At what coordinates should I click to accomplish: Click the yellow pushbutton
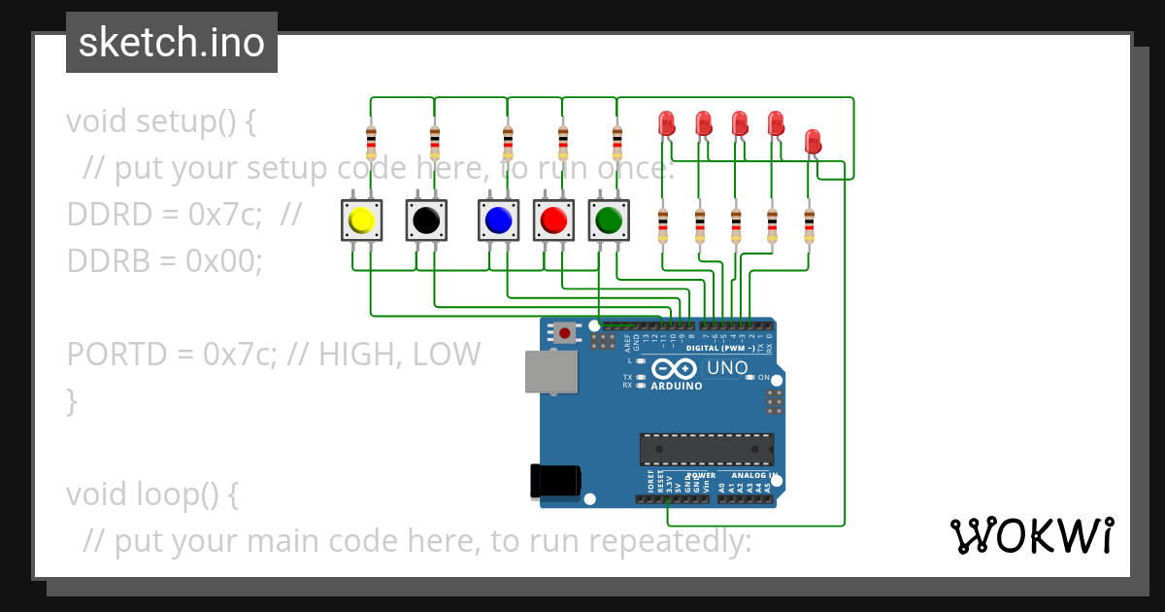coord(361,221)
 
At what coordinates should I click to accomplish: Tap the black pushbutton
coord(425,221)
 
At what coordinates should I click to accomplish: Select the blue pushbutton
coord(498,221)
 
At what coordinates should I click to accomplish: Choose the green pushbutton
coord(609,221)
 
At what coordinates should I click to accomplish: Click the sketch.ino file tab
coord(172,43)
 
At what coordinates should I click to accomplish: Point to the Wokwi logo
coord(1031,535)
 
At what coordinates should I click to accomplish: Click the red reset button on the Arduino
coord(564,333)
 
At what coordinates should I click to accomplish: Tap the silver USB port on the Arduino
coord(550,371)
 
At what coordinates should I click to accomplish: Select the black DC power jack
coord(555,481)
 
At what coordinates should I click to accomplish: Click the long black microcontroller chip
coord(707,449)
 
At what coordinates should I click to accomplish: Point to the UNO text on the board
coord(726,368)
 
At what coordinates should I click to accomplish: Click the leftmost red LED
coord(666,123)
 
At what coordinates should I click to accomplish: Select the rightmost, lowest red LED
coord(813,142)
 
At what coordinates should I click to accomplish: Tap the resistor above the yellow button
coord(371,142)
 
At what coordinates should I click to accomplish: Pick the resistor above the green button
coord(617,142)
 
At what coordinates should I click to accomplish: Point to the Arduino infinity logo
coord(674,369)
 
